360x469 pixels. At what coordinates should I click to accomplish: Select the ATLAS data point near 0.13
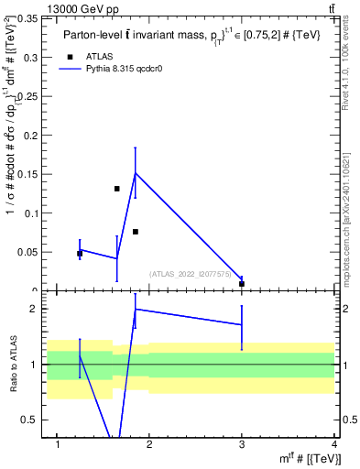[116, 189]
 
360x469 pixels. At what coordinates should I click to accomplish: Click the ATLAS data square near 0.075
[135, 232]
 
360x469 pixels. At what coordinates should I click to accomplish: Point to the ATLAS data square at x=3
[242, 284]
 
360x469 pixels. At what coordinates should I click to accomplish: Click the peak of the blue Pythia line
[136, 172]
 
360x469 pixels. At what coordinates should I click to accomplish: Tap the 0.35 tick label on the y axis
[31, 18]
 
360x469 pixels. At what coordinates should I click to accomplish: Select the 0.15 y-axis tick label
[31, 174]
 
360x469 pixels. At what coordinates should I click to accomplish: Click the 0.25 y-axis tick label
[31, 96]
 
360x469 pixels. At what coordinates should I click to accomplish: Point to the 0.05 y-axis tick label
[31, 252]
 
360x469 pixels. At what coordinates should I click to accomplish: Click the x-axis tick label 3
[242, 444]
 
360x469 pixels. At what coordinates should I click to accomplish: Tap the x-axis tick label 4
[334, 444]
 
